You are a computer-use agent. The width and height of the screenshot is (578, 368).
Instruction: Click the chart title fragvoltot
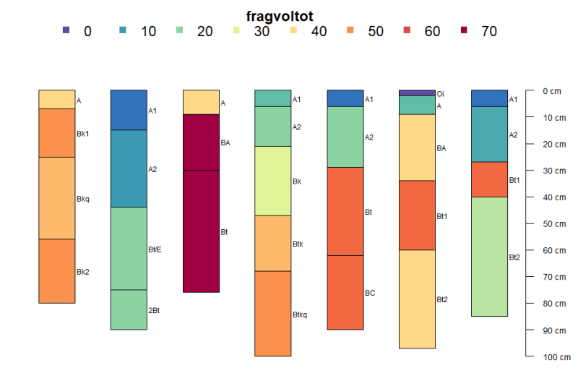279,15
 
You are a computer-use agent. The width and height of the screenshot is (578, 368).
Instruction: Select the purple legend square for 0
67,30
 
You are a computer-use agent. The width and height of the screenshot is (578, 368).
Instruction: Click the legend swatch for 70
464,30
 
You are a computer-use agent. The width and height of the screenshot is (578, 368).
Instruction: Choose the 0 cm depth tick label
551,91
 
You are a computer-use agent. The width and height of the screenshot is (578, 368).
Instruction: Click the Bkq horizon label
83,199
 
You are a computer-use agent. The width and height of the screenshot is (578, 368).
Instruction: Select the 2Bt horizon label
154,310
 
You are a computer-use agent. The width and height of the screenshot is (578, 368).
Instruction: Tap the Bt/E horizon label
155,249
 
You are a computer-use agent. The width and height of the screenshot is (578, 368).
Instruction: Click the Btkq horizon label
301,314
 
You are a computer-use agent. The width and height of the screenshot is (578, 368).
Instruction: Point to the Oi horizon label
440,93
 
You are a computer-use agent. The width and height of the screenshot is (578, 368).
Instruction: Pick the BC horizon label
370,293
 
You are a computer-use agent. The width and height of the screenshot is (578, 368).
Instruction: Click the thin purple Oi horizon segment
417,93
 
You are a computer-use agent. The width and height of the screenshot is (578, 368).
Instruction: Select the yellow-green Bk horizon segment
272,181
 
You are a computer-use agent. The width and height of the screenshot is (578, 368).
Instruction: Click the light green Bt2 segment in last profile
489,257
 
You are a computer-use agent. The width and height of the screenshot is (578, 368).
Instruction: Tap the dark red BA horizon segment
200,142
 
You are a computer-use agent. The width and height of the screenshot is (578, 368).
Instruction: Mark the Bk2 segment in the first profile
56,271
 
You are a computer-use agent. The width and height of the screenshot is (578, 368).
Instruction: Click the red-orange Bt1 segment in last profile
489,179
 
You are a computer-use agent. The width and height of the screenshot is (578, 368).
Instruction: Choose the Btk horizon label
298,244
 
